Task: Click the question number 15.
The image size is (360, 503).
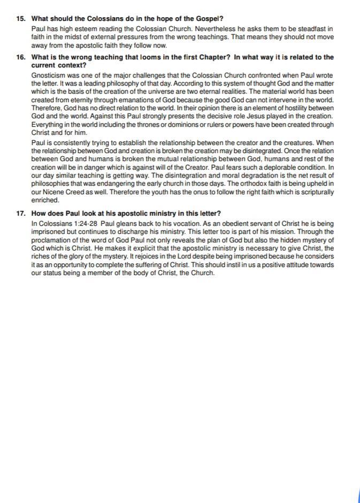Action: click(21, 18)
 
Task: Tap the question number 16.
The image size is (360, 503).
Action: click(21, 57)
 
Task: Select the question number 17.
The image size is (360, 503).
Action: click(21, 214)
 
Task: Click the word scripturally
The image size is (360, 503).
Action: click(316, 192)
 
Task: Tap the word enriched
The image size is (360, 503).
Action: click(45, 200)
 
